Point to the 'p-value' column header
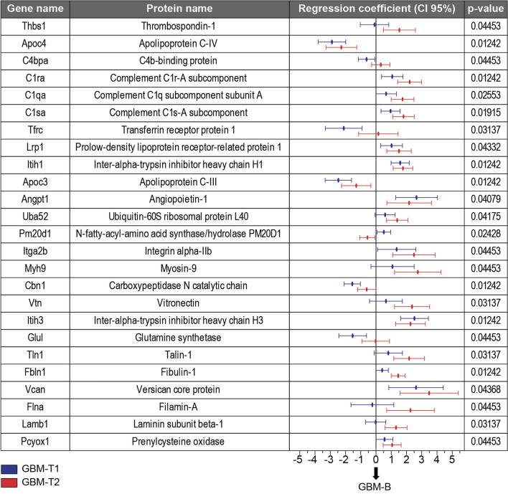(x=485, y=9)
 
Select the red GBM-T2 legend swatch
(x=9, y=482)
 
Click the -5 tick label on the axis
(x=298, y=459)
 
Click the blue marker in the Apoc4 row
(x=331, y=42)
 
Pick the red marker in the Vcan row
(x=429, y=393)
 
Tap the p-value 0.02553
(x=485, y=95)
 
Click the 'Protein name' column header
(x=178, y=9)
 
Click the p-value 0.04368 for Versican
(x=485, y=389)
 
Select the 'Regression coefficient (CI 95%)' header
(x=375, y=9)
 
